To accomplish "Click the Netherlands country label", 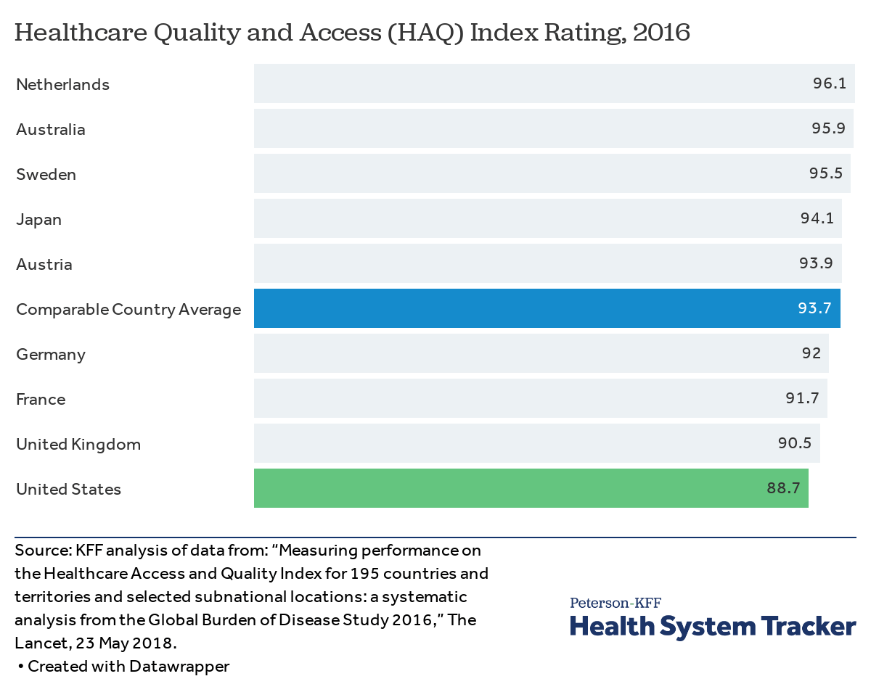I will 62,84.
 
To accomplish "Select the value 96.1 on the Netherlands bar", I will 829,83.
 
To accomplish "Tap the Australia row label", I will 51,129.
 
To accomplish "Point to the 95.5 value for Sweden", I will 825,173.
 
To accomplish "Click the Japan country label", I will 38,219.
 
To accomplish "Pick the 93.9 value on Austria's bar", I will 817,263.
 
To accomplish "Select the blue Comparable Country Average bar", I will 508,308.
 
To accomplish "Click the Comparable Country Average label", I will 128,309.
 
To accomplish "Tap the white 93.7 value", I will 814,309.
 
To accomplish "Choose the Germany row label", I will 51,354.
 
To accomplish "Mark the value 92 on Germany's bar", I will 811,353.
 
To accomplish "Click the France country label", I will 41,399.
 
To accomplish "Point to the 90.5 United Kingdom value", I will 795,443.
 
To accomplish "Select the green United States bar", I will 508,488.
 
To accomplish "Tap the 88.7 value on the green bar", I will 783,488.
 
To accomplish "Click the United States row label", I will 68,489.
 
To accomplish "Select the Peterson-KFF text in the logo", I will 615,603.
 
